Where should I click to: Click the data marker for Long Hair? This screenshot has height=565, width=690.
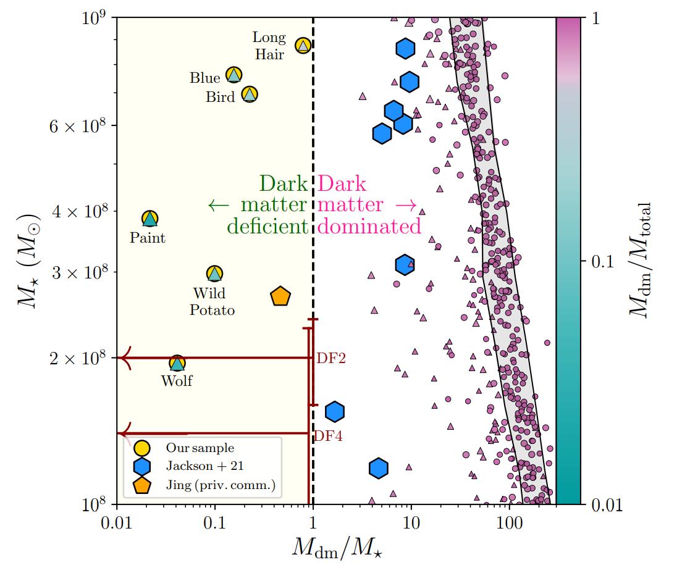pyautogui.click(x=303, y=45)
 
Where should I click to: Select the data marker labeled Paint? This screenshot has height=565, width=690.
pyautogui.click(x=149, y=218)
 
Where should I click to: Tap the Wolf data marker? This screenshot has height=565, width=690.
pyautogui.click(x=177, y=362)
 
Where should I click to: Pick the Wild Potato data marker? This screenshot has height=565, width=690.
pyautogui.click(x=214, y=273)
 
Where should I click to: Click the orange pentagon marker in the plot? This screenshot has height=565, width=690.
pyautogui.click(x=280, y=296)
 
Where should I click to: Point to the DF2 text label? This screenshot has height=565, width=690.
pyautogui.click(x=330, y=358)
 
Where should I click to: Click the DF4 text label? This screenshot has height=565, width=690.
pyautogui.click(x=328, y=436)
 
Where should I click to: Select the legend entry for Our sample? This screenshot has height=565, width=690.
pyautogui.click(x=199, y=448)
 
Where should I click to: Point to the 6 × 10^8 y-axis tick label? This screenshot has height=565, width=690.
pyautogui.click(x=77, y=125)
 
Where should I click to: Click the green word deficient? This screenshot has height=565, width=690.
pyautogui.click(x=267, y=226)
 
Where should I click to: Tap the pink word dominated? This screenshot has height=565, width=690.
pyautogui.click(x=370, y=226)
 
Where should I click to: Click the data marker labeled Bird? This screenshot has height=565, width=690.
pyautogui.click(x=249, y=94)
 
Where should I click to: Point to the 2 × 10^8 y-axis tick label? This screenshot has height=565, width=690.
pyautogui.click(x=77, y=358)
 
